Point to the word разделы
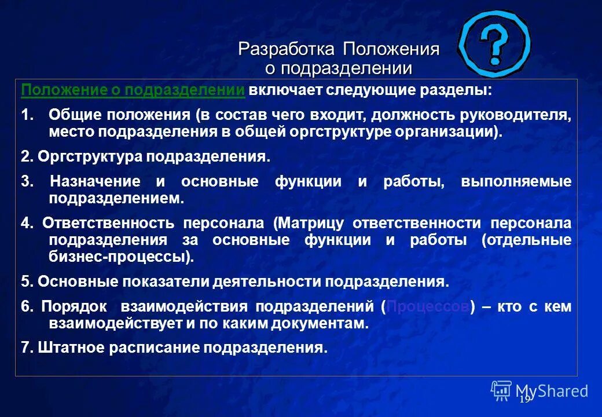[x=461, y=91]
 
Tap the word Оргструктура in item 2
[x=90, y=157]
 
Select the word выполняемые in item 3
[x=516, y=182]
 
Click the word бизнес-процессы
[x=120, y=257]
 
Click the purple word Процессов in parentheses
[x=427, y=307]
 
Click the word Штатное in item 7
[x=64, y=348]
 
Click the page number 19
[x=524, y=400]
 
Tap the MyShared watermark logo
[x=539, y=390]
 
